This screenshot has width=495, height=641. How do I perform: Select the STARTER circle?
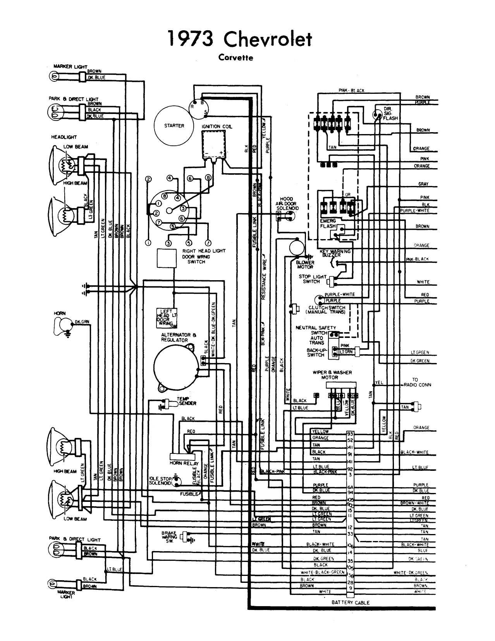[x=174, y=126]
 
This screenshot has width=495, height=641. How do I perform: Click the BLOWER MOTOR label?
[x=305, y=264]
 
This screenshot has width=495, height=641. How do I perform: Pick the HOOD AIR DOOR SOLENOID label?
[x=287, y=203]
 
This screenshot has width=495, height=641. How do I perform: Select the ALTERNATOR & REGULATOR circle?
[x=173, y=366]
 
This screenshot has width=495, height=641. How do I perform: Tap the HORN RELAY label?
[x=184, y=463]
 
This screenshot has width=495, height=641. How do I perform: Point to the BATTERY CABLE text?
[x=351, y=602]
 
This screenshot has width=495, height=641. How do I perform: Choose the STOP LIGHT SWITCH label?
[x=311, y=279]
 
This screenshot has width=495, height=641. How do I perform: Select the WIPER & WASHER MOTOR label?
[x=332, y=375]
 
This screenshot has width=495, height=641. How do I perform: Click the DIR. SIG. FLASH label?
[x=390, y=114]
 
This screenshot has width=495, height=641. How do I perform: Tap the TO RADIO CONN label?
[x=417, y=382]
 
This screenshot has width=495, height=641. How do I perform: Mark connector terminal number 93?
[x=350, y=434]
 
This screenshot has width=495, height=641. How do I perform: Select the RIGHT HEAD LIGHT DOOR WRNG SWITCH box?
[x=166, y=258]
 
